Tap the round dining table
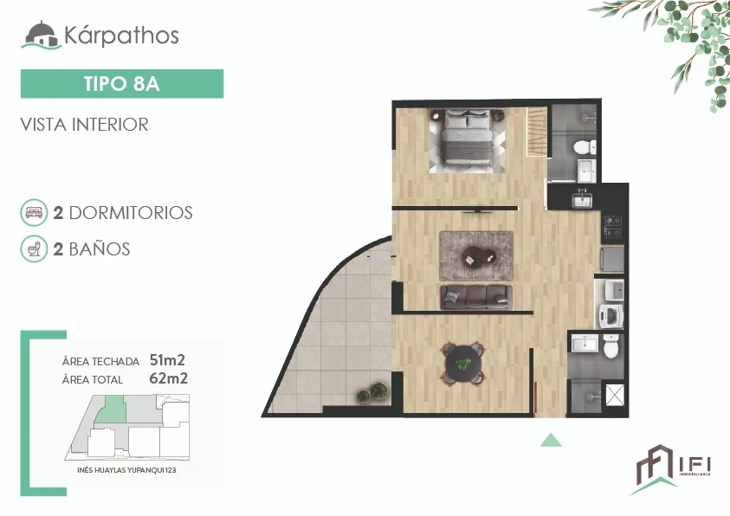click(462, 364)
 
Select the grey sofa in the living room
click(475, 297)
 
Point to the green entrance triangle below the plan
click(551, 440)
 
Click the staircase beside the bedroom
click(537, 132)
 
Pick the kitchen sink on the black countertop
click(582, 200)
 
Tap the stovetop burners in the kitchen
click(613, 227)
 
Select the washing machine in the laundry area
click(610, 316)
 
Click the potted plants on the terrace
click(372, 393)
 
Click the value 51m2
click(167, 360)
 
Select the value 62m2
click(168, 378)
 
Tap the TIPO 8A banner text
click(122, 84)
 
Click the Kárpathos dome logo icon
click(42, 35)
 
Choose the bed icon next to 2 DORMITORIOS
click(34, 213)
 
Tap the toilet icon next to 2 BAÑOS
click(34, 249)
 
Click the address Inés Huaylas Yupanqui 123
click(126, 470)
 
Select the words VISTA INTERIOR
click(84, 125)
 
